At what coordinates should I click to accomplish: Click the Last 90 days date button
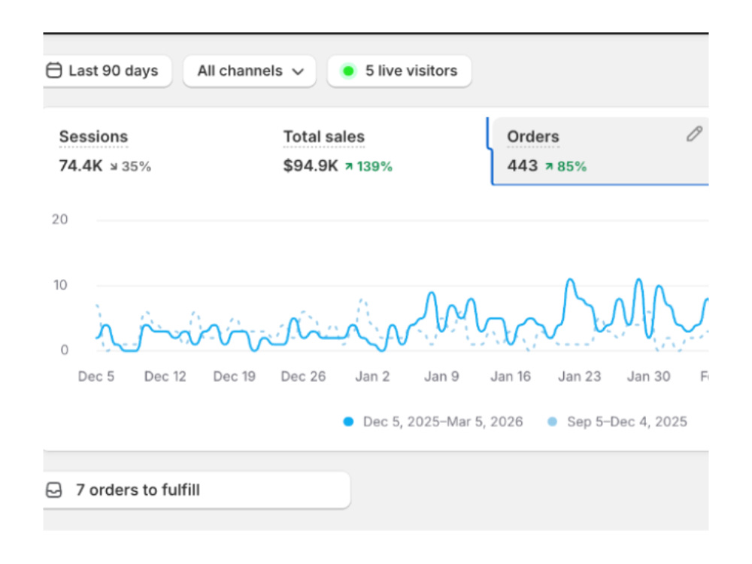108,71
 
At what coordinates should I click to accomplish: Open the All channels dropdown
250,71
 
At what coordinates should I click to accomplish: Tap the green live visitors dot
349,71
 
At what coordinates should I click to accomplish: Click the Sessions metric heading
93,137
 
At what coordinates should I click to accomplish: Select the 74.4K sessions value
80,166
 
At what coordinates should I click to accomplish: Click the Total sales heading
323,137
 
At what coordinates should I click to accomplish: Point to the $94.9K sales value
311,166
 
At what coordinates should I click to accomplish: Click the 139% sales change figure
374,166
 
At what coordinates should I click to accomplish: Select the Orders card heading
533,137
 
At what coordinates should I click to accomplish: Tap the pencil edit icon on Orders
694,134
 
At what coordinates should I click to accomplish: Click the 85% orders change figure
572,166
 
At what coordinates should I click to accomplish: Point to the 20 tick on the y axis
60,220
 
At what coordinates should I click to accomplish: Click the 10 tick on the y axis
60,285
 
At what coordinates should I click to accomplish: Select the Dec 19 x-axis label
234,377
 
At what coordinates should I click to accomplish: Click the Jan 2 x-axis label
372,377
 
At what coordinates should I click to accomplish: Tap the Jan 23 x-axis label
579,377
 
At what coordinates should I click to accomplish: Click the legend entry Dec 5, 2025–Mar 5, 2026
433,422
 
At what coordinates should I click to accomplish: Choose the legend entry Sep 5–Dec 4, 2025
617,422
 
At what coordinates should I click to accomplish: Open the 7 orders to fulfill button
196,490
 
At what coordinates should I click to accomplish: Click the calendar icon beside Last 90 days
53,71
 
